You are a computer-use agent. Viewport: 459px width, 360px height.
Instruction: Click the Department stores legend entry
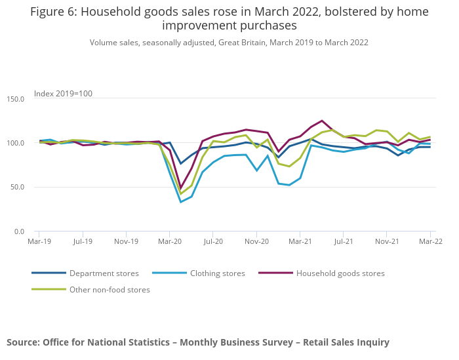(x=104, y=273)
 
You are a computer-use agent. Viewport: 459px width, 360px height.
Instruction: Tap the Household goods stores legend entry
(x=340, y=273)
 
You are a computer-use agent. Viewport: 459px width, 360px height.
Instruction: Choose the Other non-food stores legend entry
(x=110, y=289)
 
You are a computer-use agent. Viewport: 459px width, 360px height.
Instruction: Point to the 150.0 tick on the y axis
(x=15, y=99)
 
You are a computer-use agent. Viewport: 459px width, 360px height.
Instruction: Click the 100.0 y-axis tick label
(x=15, y=143)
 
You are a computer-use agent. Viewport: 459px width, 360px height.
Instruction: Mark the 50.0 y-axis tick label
(x=17, y=188)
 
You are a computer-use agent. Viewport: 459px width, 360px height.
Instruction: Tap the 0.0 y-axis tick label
(x=19, y=231)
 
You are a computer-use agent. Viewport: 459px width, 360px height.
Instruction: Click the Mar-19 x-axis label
(x=39, y=241)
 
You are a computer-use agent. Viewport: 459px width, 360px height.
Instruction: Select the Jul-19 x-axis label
(x=83, y=241)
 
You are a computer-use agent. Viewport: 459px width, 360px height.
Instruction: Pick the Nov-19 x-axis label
(x=126, y=241)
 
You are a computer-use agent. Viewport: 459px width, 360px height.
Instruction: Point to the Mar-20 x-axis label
(x=169, y=241)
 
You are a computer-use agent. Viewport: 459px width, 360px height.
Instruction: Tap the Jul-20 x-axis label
(x=213, y=241)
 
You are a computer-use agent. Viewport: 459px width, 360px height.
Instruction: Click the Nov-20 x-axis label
(x=256, y=241)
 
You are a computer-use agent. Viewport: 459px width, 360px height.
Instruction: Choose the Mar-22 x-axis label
(x=431, y=241)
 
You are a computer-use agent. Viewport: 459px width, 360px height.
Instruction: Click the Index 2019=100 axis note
(x=63, y=93)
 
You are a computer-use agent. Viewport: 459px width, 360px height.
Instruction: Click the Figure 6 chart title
(x=229, y=19)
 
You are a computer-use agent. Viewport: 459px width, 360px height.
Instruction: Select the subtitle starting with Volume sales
(x=229, y=43)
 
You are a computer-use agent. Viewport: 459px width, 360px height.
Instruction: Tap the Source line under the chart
(x=197, y=342)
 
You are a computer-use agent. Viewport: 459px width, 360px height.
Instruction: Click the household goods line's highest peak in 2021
(x=322, y=121)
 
